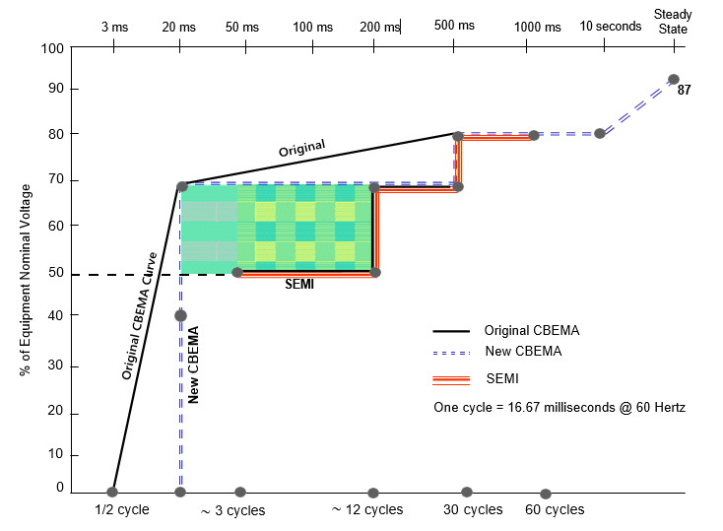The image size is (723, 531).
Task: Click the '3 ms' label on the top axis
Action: (x=114, y=27)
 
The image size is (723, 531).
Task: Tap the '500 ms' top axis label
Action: (x=454, y=25)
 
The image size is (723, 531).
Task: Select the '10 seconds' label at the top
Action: (x=610, y=26)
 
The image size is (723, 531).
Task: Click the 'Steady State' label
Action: (x=673, y=21)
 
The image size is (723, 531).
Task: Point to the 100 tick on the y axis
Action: (x=53, y=49)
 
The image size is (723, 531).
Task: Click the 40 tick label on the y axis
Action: (x=56, y=314)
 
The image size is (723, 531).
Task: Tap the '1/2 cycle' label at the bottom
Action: (x=120, y=509)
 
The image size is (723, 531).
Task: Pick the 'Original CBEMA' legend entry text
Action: (x=532, y=330)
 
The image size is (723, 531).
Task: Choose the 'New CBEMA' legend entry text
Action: (x=523, y=352)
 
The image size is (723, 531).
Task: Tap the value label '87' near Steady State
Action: (x=684, y=91)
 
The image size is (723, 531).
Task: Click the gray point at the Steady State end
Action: (x=674, y=80)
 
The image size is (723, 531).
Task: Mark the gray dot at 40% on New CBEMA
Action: (x=180, y=315)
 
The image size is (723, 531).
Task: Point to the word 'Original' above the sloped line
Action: (x=301, y=150)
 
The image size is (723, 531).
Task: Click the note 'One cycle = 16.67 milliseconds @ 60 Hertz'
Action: (x=559, y=407)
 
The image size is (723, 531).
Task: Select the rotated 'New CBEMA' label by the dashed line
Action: (x=194, y=365)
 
